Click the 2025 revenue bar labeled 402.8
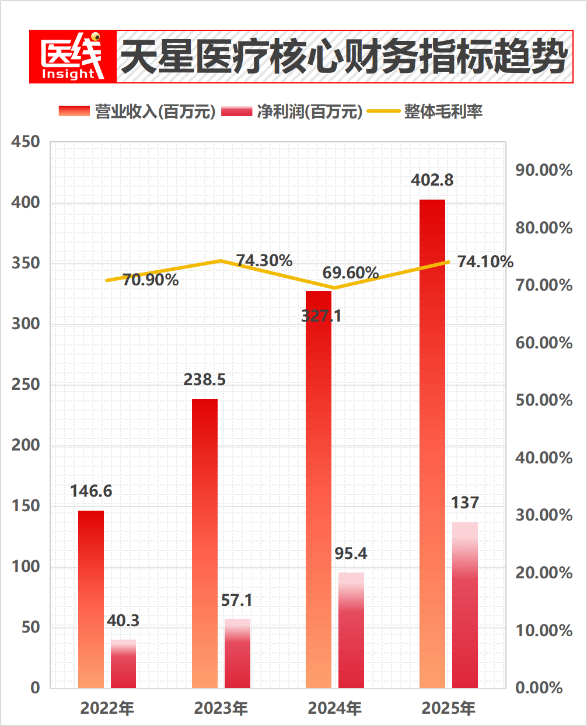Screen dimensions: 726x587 (432, 444)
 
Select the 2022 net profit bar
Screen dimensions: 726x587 (123, 664)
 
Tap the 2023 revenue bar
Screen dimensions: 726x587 (205, 543)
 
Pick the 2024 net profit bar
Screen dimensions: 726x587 (351, 630)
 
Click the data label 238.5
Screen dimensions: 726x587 (205, 380)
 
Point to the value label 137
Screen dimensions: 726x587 (465, 502)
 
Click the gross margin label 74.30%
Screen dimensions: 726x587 (264, 260)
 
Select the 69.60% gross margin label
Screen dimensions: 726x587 (351, 273)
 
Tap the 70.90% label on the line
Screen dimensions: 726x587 (151, 280)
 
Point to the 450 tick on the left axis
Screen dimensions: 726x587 (26, 142)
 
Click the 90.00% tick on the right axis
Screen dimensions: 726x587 (543, 170)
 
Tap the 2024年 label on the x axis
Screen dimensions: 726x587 (335, 708)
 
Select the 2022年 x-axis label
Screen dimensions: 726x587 (107, 708)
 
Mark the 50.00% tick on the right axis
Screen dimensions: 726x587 (543, 400)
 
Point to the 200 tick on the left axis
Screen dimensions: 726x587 (26, 445)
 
